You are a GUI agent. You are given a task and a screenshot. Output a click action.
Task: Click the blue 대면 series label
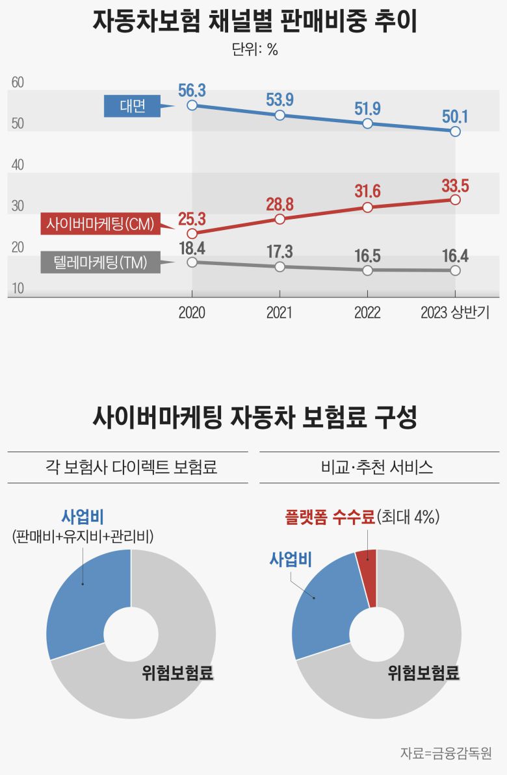coord(132,107)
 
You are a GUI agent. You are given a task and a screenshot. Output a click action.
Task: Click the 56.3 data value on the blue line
coord(192,91)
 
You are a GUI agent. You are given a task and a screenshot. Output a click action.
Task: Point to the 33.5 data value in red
coord(455,185)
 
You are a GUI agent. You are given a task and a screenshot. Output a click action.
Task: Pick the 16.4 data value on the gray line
coord(455,255)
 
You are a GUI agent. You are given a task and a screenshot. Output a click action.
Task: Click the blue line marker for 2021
coord(279,115)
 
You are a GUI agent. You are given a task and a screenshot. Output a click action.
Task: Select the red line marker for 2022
coord(367,207)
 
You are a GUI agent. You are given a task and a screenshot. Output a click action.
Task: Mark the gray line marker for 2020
coord(192,262)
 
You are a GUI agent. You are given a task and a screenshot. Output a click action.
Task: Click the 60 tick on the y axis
coord(18,83)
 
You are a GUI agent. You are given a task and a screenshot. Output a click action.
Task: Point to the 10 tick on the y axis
coord(18,289)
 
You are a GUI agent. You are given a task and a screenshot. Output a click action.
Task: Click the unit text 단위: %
coord(254,50)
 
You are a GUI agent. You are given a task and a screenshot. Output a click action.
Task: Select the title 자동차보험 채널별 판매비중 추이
coord(254,21)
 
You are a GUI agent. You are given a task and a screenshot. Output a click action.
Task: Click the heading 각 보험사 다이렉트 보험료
coord(127,468)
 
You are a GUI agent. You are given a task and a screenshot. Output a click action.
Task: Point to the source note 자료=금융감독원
coord(445,754)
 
